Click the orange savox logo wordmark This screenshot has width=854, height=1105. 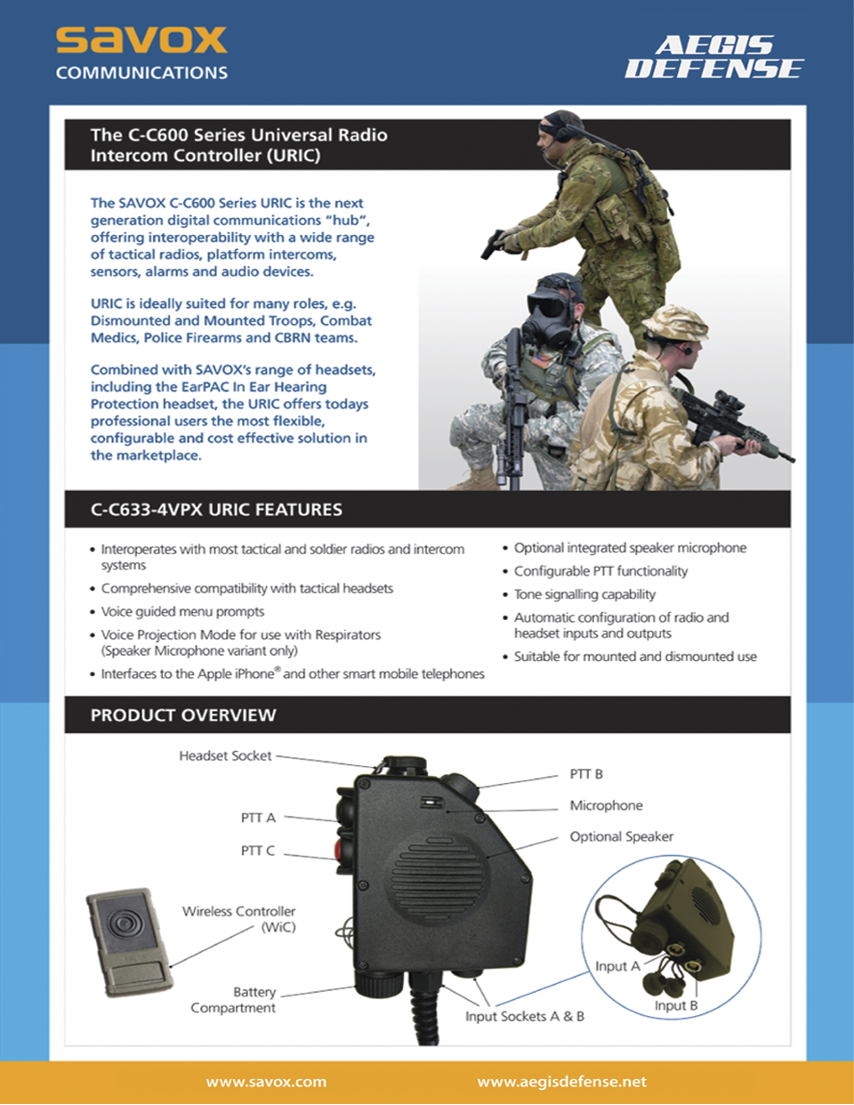point(141,39)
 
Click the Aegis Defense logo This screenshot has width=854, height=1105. point(714,57)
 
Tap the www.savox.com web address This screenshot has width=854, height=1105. point(266,1082)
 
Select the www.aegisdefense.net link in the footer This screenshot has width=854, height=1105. point(561,1082)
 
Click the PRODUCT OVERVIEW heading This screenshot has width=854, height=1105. point(183,715)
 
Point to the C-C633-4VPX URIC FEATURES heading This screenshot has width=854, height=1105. point(216,510)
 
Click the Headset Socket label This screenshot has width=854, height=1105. point(225,755)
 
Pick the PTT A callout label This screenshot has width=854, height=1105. point(258,818)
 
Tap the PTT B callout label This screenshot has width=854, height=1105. point(586,774)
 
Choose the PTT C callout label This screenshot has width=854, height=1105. point(257,851)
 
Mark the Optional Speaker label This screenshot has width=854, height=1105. point(621,836)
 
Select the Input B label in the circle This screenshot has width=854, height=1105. point(676,1005)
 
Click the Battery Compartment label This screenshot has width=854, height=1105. point(234,1000)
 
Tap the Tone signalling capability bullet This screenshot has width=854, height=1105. point(584,594)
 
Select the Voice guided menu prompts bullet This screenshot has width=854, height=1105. point(182,611)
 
